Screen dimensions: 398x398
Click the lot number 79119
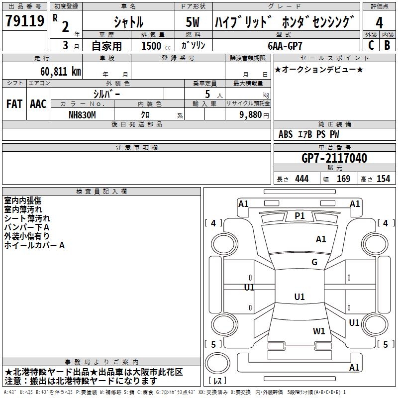(x=24, y=21)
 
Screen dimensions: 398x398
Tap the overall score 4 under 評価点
(x=380, y=22)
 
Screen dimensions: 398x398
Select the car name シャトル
(x=128, y=22)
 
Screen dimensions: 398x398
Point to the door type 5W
(x=194, y=22)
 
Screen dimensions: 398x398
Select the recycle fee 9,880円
(x=254, y=114)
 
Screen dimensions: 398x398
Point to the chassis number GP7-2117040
(x=334, y=158)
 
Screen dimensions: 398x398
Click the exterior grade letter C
(x=371, y=45)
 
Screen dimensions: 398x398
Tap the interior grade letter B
(x=387, y=45)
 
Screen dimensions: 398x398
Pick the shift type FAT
(x=14, y=104)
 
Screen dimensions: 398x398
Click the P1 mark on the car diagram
(x=299, y=215)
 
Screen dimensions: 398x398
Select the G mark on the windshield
(x=314, y=262)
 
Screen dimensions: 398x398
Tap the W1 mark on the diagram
(x=319, y=331)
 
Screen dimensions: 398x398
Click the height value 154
(x=383, y=179)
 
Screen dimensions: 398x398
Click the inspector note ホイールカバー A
(x=34, y=245)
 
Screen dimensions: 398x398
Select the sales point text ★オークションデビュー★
(x=319, y=70)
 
